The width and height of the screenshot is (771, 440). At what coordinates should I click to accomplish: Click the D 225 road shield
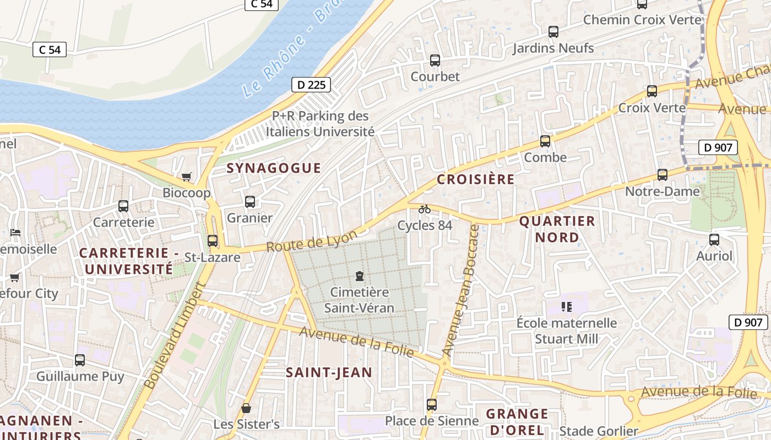(x=311, y=85)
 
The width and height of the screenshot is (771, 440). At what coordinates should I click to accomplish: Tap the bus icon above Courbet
(x=435, y=61)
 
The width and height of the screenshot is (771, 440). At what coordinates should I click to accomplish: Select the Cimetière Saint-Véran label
(x=359, y=300)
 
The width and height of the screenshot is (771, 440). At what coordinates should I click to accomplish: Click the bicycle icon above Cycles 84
(x=425, y=209)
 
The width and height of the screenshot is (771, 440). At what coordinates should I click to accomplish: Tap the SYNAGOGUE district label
(x=274, y=168)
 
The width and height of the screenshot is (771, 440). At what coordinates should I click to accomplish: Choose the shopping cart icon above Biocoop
(x=187, y=177)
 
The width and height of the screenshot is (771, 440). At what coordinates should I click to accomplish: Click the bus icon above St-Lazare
(x=213, y=241)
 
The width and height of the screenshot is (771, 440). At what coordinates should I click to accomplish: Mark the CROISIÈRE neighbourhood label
(x=476, y=179)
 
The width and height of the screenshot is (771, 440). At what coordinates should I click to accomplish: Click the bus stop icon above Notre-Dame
(x=663, y=175)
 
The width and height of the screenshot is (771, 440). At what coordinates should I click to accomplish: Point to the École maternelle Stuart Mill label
(x=566, y=331)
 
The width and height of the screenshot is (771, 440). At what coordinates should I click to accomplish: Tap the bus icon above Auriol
(x=714, y=240)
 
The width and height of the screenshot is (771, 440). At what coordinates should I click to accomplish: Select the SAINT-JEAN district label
(x=329, y=372)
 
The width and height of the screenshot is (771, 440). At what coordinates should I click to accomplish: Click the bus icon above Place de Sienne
(x=432, y=405)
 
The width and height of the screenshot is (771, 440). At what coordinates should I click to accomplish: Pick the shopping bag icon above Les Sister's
(x=246, y=408)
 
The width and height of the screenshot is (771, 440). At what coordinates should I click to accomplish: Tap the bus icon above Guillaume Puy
(x=80, y=360)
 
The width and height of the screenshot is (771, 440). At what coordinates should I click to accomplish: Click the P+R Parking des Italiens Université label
(x=321, y=124)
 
